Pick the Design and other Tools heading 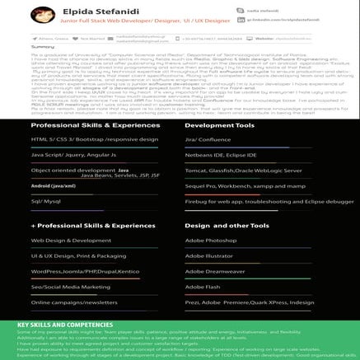coord(227,225)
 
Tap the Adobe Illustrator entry coord(209,255)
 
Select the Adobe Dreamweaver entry coord(215,271)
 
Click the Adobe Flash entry coord(203,287)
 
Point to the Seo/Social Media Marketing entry coord(71,287)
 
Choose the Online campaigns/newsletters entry coord(74,302)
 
